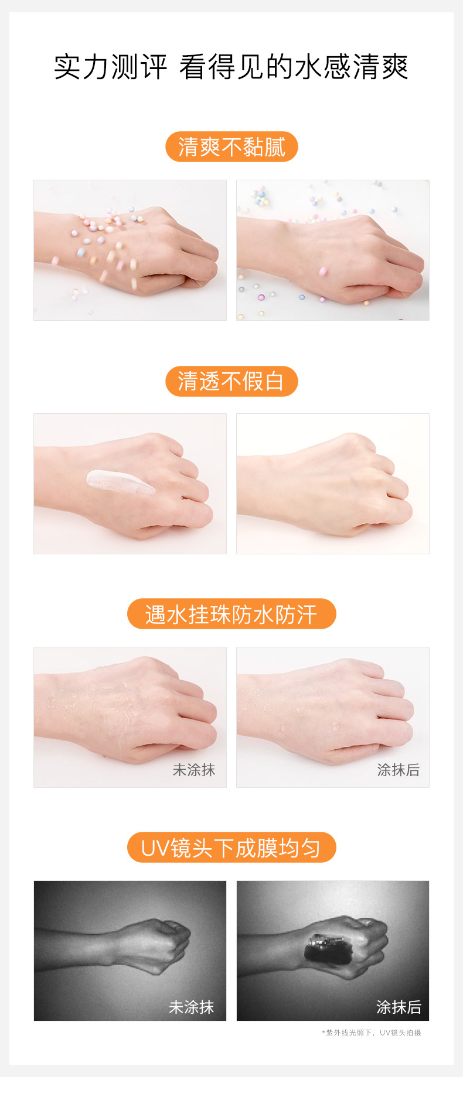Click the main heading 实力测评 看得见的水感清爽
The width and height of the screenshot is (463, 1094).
point(231,67)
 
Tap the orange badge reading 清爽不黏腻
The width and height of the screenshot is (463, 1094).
point(231,147)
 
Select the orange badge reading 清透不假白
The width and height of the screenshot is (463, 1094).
point(231,381)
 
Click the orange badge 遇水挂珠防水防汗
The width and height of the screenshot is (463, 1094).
point(231,615)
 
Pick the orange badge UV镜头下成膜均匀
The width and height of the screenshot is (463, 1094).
point(231,848)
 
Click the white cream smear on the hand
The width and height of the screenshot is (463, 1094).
point(120,482)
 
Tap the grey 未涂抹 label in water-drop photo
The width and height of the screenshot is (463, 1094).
point(193,770)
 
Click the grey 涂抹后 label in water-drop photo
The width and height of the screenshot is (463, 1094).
point(398,770)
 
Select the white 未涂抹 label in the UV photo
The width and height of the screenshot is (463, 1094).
point(191,1007)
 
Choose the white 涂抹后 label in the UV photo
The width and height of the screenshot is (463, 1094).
point(399,1007)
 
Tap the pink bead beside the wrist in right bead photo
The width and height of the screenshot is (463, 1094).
point(322,271)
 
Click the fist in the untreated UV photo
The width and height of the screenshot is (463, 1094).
point(164,942)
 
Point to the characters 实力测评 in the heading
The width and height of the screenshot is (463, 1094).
point(111,67)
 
